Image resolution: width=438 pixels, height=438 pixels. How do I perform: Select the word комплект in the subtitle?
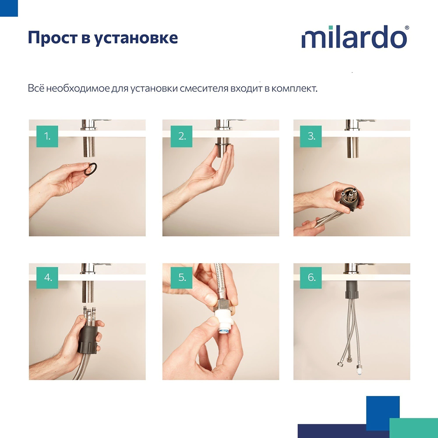pyautogui.click(x=293, y=88)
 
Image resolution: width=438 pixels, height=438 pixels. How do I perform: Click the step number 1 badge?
pyautogui.click(x=47, y=136)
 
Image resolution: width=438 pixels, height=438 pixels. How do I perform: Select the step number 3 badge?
pyautogui.click(x=311, y=136)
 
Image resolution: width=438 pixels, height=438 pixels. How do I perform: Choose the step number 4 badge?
pyautogui.click(x=47, y=278)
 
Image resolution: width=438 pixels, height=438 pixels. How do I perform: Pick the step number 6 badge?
pyautogui.click(x=311, y=278)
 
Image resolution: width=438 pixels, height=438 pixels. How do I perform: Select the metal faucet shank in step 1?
pyautogui.click(x=89, y=147)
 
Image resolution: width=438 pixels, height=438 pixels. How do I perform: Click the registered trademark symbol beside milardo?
pyautogui.click(x=407, y=28)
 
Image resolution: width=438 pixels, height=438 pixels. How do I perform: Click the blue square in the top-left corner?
pyautogui.click(x=9, y=8)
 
